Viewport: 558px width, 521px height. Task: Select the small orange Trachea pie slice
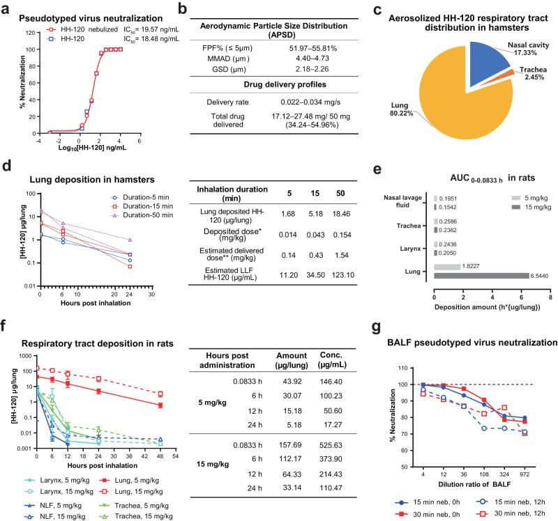click(513, 72)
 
